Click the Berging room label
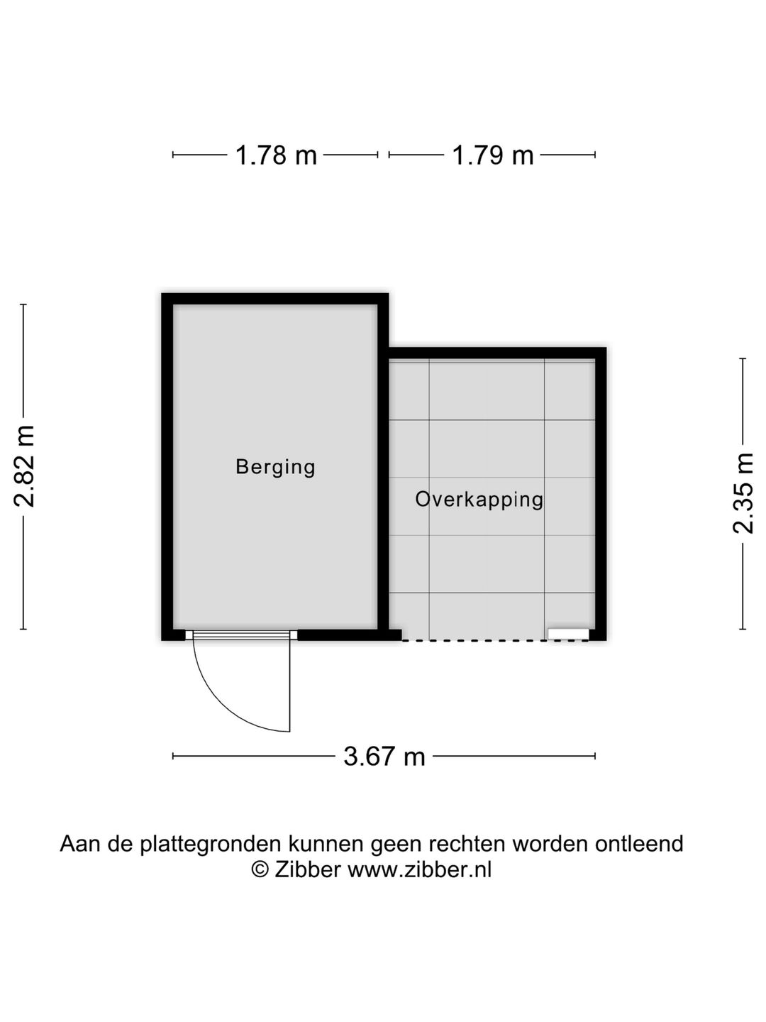(275, 467)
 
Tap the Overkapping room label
(479, 500)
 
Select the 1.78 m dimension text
(276, 155)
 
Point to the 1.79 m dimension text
(493, 155)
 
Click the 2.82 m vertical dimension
(25, 466)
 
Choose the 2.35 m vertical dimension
(743, 493)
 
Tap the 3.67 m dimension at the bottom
(384, 757)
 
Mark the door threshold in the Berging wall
(241, 634)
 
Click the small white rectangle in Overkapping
(568, 633)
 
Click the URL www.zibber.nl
(419, 869)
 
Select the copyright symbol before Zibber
(261, 869)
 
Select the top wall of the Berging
(275, 299)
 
